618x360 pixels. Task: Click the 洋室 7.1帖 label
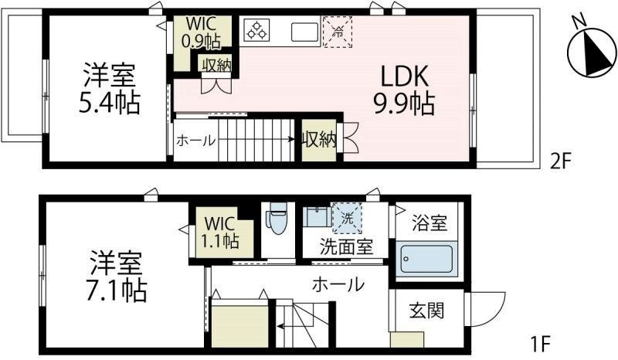[x=117, y=277]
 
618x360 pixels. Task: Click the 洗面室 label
[x=347, y=249]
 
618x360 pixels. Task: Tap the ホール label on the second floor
[x=196, y=140]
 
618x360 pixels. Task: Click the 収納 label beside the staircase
[x=319, y=140]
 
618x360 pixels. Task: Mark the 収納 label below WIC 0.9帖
[x=216, y=65]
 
